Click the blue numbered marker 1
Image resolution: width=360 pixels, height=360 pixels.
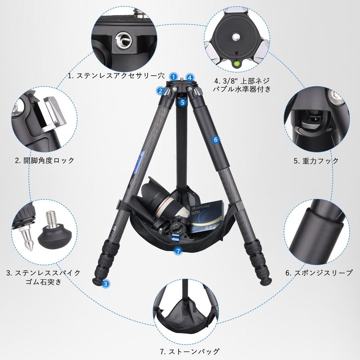pos(173,76)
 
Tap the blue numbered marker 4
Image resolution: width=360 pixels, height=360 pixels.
pos(189,77)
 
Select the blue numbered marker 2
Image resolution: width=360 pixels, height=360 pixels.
pos(160,91)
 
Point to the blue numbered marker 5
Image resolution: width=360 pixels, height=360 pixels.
pos(181,102)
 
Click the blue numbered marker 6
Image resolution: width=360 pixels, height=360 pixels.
pos(216,139)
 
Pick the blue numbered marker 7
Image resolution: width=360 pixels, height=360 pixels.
pos(178,251)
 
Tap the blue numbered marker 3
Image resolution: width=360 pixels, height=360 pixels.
pos(104,283)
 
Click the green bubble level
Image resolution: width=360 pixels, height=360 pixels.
pos(236,64)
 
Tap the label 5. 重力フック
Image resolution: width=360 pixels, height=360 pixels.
pos(316,161)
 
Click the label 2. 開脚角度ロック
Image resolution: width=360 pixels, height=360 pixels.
pos(45,161)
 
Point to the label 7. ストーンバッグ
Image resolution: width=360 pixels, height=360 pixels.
pos(189,352)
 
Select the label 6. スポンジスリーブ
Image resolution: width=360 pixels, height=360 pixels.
pos(319,273)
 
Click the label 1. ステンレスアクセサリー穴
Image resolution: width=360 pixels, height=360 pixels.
pos(116,76)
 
